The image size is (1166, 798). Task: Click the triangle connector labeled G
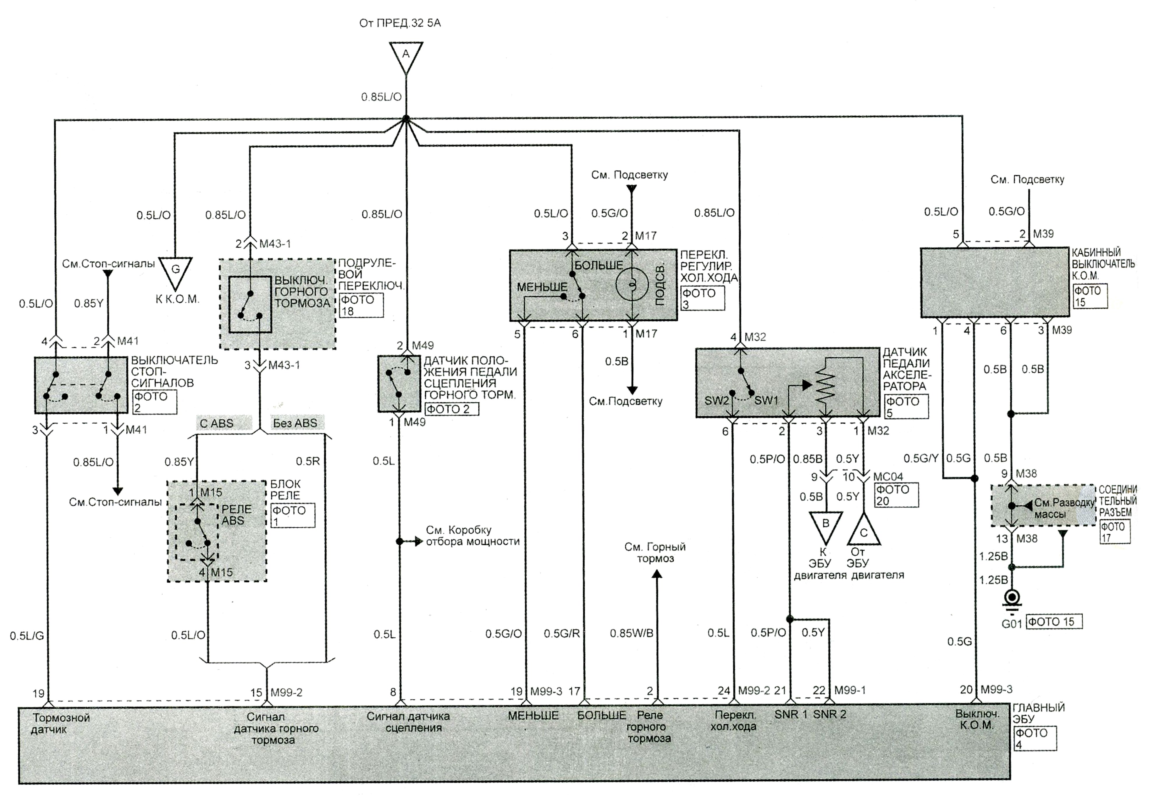point(175,272)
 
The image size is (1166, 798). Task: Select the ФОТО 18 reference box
point(361,305)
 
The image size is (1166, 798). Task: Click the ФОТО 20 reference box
point(896,494)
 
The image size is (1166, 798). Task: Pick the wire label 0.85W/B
point(632,633)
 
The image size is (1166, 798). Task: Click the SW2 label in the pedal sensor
point(717,401)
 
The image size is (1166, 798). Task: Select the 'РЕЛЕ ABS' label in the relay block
point(236,515)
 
